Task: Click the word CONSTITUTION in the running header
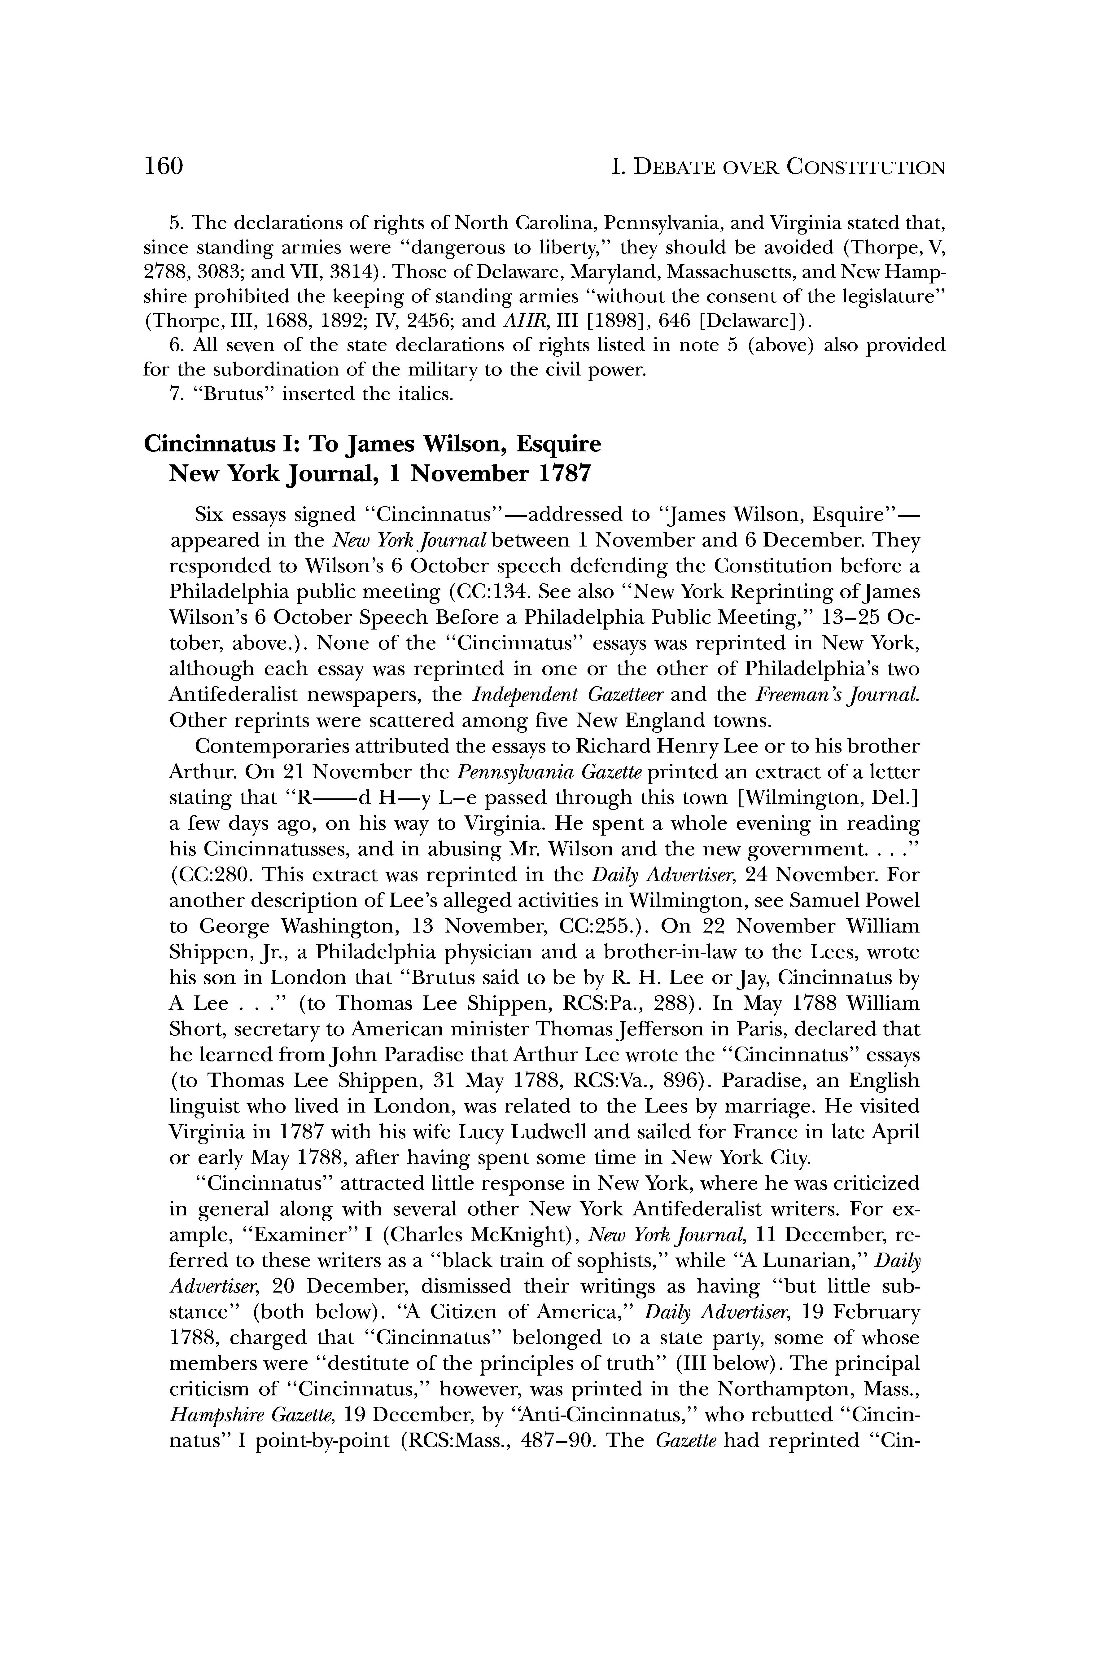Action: click(x=866, y=168)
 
